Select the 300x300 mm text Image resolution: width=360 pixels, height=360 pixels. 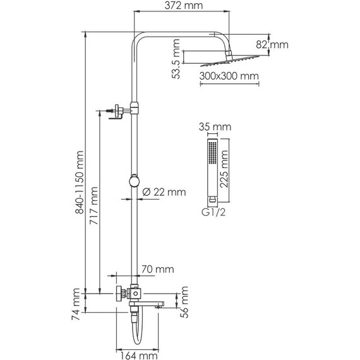point(220,76)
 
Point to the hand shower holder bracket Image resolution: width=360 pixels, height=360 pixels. point(117,112)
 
